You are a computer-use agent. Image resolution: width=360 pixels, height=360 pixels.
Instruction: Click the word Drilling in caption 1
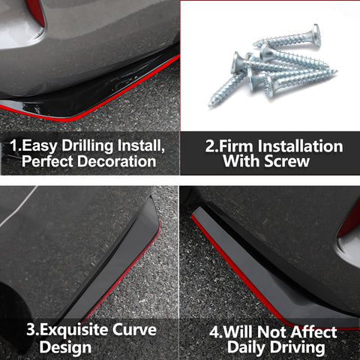(88, 146)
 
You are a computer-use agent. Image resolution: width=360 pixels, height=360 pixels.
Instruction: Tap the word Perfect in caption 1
(47, 161)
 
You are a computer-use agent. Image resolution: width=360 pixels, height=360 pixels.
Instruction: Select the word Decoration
(117, 161)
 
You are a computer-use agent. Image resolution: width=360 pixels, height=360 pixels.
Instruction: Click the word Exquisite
(73, 330)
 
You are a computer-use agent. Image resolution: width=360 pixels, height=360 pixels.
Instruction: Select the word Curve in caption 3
(134, 330)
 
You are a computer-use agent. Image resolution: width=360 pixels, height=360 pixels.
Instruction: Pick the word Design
(65, 348)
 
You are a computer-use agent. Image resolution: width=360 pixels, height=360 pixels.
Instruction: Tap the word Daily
(246, 348)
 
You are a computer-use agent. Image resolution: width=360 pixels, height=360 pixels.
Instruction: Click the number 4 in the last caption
(214, 332)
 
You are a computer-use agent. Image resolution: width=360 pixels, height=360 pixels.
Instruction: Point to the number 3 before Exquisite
(31, 330)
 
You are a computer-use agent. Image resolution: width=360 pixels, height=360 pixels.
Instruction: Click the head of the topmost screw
(316, 35)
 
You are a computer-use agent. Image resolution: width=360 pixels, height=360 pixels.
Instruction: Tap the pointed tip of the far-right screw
(336, 71)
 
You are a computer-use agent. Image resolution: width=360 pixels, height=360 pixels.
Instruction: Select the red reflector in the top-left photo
(37, 11)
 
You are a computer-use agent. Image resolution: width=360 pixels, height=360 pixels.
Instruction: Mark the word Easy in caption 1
(40, 146)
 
